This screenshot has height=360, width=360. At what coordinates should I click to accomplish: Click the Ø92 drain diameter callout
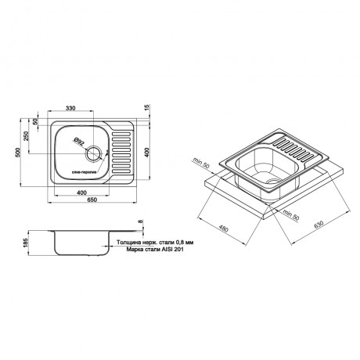(79, 142)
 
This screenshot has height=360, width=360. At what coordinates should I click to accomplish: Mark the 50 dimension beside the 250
(35, 121)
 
